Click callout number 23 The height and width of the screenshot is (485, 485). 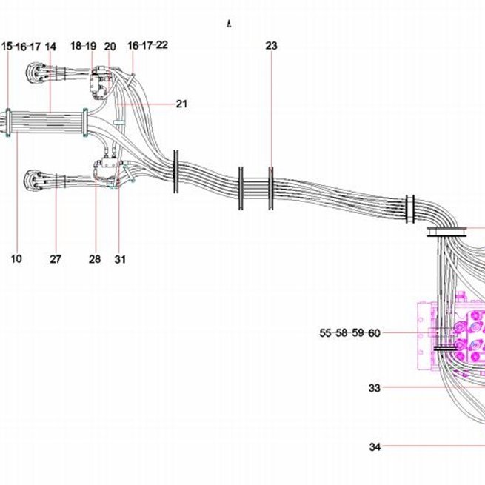coord(271,46)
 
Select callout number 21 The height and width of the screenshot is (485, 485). coord(181,104)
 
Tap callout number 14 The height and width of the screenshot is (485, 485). coord(51,47)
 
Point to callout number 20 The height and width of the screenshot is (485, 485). coord(110,47)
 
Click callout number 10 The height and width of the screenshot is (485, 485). coord(16,258)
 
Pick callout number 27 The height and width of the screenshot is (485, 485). coord(56,259)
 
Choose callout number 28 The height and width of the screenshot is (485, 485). coord(95,259)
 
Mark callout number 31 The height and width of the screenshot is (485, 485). coord(120,259)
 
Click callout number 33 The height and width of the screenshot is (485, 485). coord(374,387)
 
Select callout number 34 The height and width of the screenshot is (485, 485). coord(375,446)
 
